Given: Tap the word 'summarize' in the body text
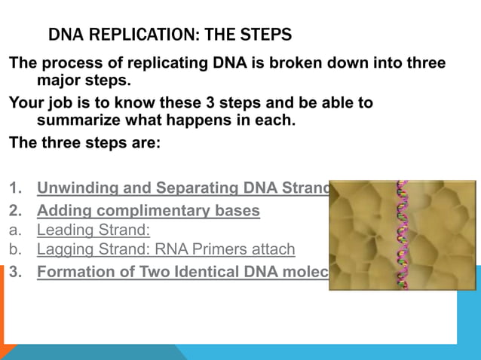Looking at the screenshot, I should click(74, 120).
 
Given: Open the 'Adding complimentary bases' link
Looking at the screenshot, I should click(149, 211).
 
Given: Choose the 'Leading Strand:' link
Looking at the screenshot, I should click(93, 230).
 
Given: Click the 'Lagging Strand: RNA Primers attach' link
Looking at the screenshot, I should click(166, 249).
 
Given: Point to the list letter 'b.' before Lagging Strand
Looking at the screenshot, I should click(16, 249).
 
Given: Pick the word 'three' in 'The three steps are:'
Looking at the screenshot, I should click(62, 142).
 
